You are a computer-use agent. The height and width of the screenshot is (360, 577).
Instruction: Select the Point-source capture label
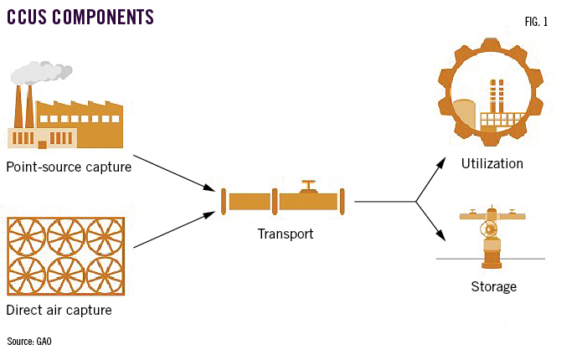68,167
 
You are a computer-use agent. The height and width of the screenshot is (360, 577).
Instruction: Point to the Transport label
285,234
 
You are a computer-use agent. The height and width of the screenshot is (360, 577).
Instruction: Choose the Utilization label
492,163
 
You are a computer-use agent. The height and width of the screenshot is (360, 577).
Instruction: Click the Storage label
492,287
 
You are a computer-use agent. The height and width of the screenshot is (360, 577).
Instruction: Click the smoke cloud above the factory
40,73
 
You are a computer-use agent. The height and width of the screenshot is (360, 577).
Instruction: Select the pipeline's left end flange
224,202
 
